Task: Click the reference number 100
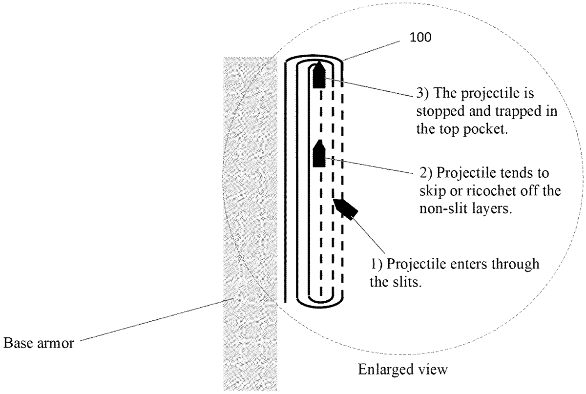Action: tap(420, 38)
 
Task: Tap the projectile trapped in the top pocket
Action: tap(319, 75)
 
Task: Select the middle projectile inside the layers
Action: tap(319, 153)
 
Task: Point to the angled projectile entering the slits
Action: tap(346, 209)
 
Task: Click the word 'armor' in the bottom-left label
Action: tap(56, 343)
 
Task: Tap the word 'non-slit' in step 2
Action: tap(445, 208)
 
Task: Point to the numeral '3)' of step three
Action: tap(422, 93)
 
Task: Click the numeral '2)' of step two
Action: tap(426, 173)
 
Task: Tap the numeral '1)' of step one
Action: tap(377, 264)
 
